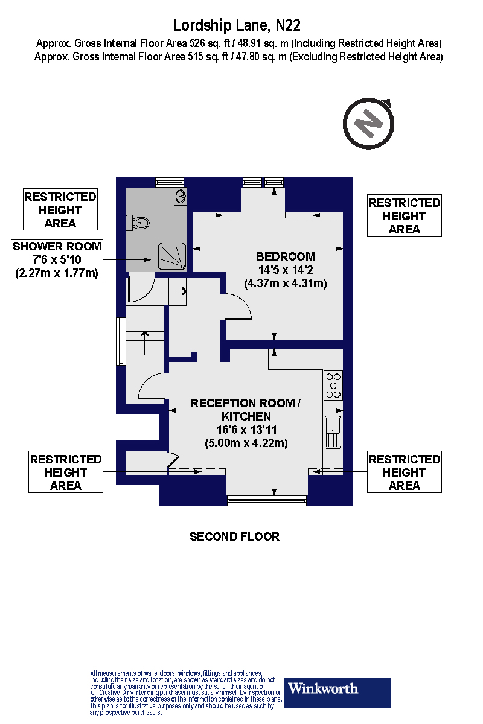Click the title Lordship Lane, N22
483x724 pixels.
click(237, 25)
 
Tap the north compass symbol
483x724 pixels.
click(368, 125)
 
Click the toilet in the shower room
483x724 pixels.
click(139, 223)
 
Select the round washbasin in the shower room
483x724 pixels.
click(180, 195)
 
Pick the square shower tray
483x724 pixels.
click(171, 256)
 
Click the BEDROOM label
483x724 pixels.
click(286, 257)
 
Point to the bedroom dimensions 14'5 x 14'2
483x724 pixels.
click(286, 270)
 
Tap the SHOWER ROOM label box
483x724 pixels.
click(58, 259)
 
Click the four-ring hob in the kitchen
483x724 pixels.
click(333, 386)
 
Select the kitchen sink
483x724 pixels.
click(333, 432)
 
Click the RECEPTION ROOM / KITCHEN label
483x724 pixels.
click(245, 410)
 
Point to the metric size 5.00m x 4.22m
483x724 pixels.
click(245, 443)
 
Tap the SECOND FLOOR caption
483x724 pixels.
click(234, 536)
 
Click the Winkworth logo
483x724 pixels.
click(337, 692)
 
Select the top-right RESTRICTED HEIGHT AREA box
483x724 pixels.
click(404, 216)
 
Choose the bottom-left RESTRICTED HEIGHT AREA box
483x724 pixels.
click(66, 472)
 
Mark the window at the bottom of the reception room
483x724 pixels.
click(266, 500)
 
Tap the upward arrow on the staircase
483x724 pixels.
click(145, 341)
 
